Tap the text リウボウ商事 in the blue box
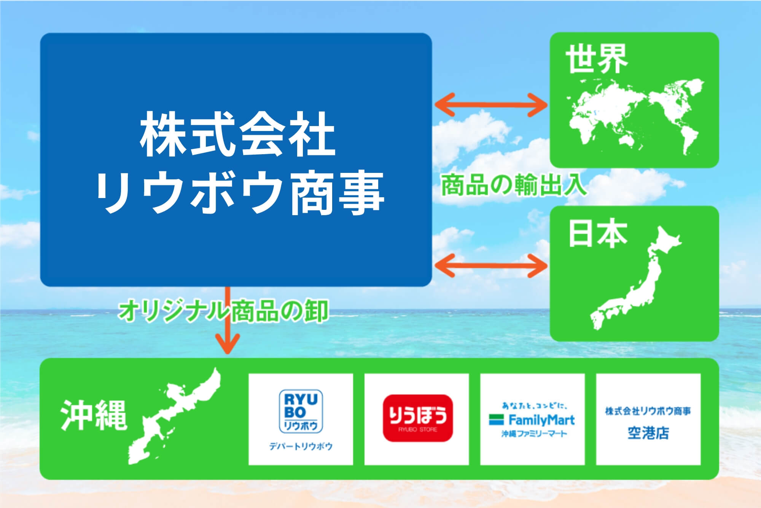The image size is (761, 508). click(x=240, y=193)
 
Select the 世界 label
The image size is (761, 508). click(x=596, y=60)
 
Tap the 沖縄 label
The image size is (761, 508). click(x=94, y=415)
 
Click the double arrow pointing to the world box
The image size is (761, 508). click(x=491, y=104)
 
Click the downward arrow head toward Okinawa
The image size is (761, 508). click(x=228, y=343)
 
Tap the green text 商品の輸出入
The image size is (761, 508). click(x=513, y=185)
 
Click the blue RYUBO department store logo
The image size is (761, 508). click(x=301, y=411)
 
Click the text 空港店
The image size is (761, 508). click(x=648, y=433)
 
